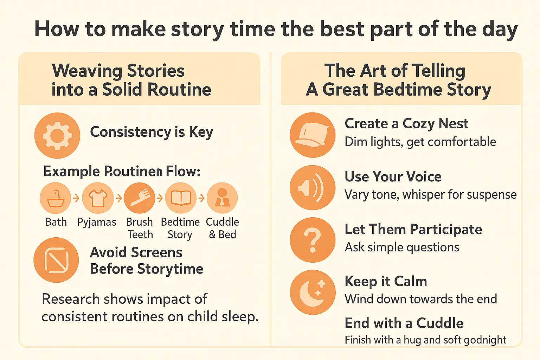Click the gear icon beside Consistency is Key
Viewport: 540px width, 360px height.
(x=57, y=135)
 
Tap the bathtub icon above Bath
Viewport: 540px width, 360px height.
(x=56, y=198)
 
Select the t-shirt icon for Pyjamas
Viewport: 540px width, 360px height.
(x=98, y=198)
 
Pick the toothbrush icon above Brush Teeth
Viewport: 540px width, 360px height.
(x=140, y=198)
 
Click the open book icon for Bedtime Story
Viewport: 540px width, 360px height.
(x=181, y=198)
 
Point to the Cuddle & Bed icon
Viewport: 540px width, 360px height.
(x=222, y=198)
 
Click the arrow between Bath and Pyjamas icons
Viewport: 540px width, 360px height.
(x=76, y=199)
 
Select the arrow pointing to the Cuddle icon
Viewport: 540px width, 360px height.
(x=201, y=199)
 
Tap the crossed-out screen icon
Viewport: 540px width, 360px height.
(x=56, y=260)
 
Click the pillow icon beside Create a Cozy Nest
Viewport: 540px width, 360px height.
(x=313, y=135)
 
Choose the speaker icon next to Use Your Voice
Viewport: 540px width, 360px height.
(x=313, y=188)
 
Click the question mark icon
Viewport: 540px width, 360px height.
(x=313, y=240)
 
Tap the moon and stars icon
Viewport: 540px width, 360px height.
(x=313, y=292)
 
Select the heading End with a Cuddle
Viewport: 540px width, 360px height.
(x=404, y=323)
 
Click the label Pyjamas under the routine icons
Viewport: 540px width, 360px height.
(x=97, y=222)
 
